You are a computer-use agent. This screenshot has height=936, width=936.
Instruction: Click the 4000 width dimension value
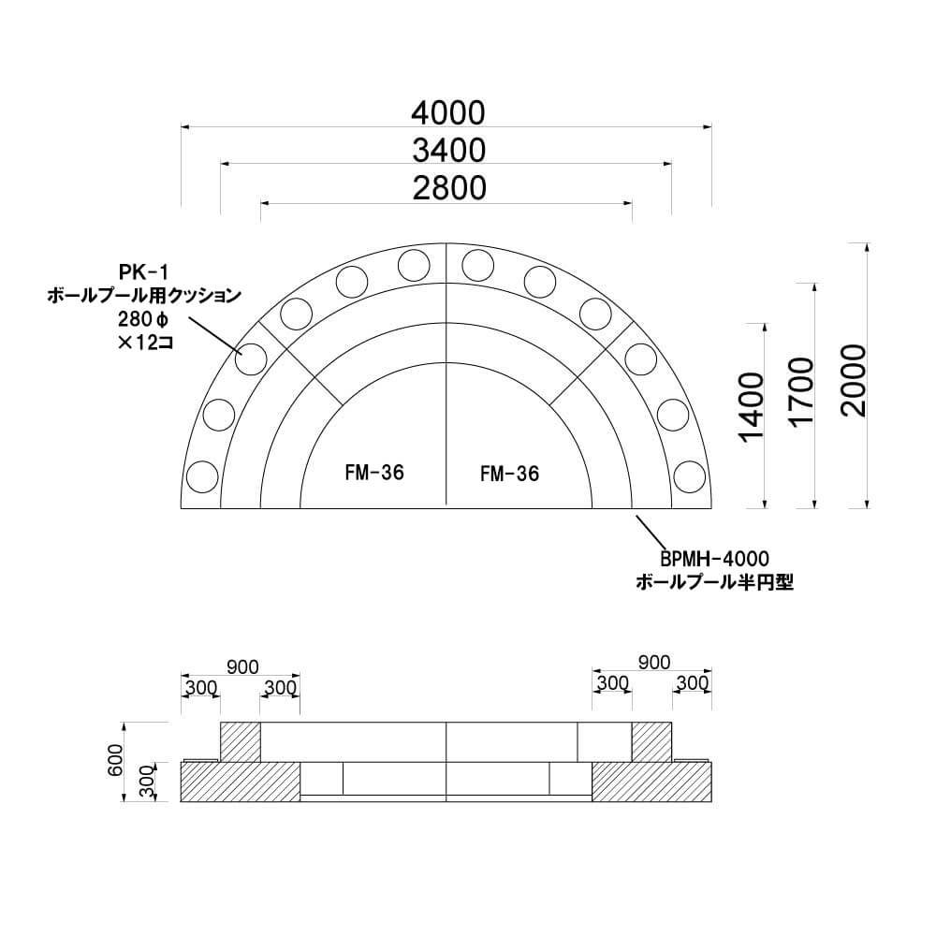[446, 112]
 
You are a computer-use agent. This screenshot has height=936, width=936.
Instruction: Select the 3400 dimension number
[446, 150]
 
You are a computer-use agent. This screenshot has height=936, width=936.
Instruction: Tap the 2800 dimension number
[446, 188]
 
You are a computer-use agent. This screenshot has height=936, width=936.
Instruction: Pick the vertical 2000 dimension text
[854, 379]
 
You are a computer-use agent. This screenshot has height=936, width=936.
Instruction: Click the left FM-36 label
[373, 473]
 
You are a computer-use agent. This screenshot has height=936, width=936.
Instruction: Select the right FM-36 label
[509, 475]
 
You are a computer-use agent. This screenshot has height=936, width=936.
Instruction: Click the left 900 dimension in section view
[242, 665]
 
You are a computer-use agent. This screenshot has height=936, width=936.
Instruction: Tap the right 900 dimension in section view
[653, 663]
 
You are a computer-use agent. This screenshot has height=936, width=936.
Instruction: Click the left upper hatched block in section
[240, 741]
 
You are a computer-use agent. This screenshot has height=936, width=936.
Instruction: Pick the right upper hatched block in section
[652, 741]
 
